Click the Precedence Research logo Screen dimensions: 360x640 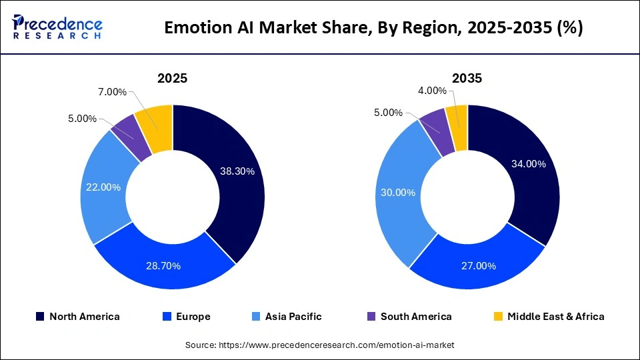coord(57,27)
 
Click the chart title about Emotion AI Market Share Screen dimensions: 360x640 coord(373,28)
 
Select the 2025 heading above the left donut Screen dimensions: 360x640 coord(172,78)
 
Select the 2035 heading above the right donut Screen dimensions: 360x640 coord(467,78)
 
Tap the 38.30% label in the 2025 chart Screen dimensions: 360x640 coord(237,171)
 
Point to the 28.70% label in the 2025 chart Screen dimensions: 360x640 coord(163,266)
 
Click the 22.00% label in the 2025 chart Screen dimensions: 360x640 coord(103,187)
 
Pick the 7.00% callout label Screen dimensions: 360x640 coord(112,91)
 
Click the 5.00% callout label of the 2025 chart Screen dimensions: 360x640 coord(82,119)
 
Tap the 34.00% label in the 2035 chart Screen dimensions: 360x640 coord(527,164)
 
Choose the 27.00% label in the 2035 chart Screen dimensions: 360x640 coord(479,266)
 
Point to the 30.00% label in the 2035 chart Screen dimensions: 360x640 coord(397,193)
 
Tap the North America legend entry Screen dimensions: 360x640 coord(78,317)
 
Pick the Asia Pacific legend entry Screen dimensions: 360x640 coord(287,317)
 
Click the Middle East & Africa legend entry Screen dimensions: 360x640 coord(548,317)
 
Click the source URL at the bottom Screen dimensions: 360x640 coord(320,345)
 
